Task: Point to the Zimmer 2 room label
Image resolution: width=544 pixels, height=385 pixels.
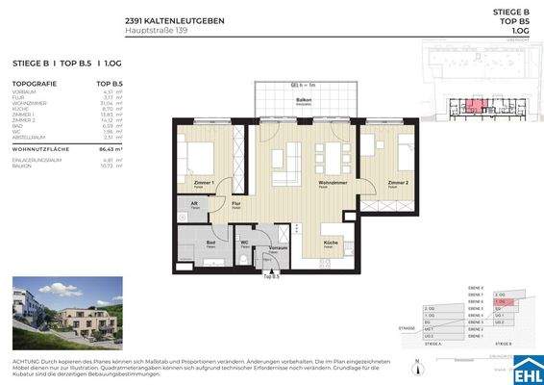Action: tap(399, 181)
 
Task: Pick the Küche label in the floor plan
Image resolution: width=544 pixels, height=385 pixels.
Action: tap(330, 242)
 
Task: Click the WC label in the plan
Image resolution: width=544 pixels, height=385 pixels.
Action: tap(244, 242)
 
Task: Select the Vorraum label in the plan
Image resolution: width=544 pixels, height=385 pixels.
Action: tap(279, 248)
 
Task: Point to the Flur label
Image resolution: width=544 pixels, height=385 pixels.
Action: tap(236, 205)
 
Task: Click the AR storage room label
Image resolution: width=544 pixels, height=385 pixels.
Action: tap(193, 204)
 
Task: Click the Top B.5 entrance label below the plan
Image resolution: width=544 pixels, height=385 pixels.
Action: tap(270, 278)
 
